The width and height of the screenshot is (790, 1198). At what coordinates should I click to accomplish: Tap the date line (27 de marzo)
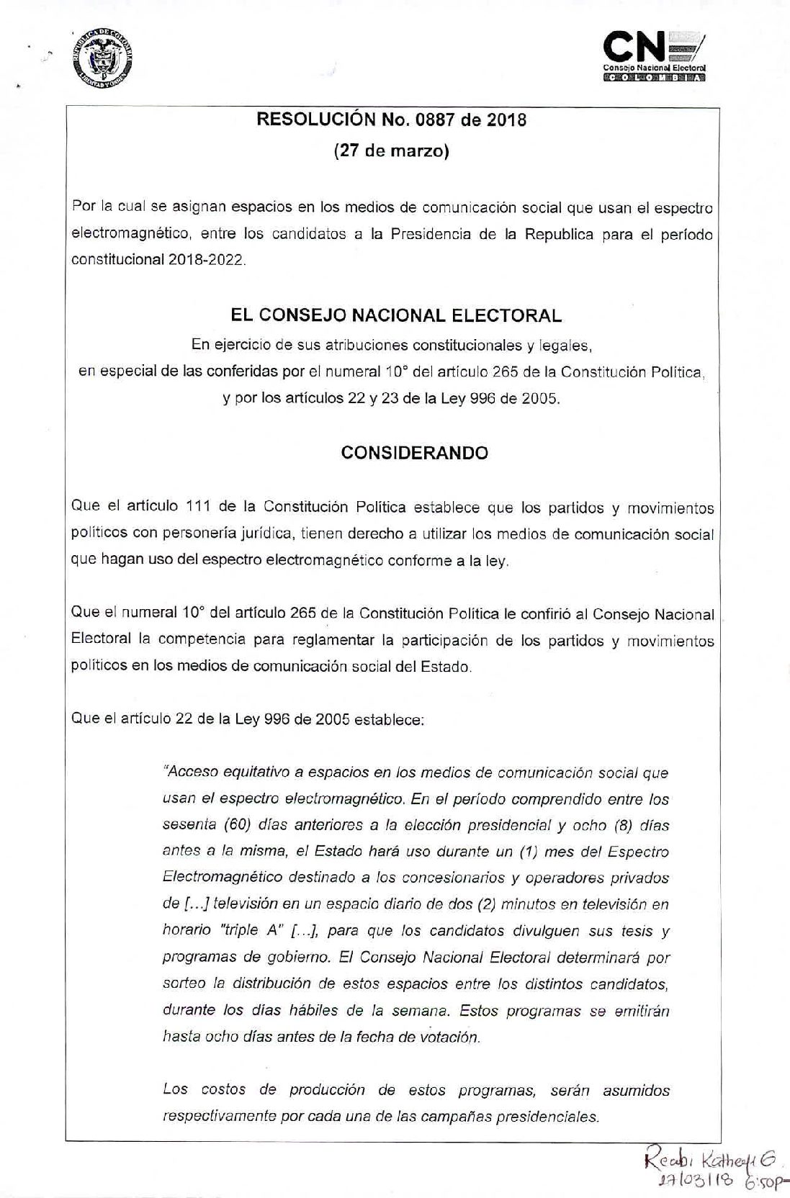coord(392,151)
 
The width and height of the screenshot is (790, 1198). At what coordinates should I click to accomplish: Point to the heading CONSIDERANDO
coord(414,453)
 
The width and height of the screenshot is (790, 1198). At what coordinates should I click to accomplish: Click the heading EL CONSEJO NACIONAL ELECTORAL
coord(395,315)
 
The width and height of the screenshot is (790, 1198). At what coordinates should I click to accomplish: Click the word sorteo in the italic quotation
coord(184,983)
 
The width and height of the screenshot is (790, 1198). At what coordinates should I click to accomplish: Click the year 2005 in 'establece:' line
coord(331,719)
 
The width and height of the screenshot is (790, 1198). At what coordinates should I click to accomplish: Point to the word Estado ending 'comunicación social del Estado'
coord(446,667)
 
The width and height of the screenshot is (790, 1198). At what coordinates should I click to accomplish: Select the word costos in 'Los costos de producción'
coord(224,1091)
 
